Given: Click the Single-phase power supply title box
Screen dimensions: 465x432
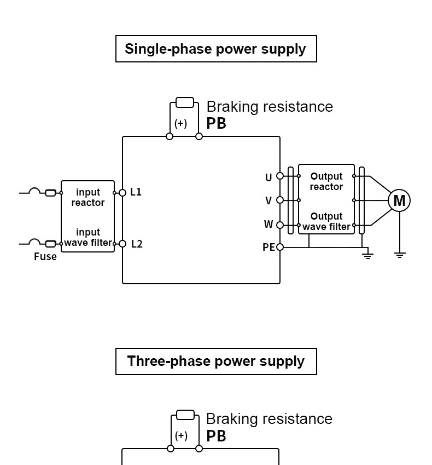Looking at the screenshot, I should (216, 49).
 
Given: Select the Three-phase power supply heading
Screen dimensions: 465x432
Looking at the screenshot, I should (216, 361).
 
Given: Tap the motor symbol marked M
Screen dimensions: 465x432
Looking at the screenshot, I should (399, 201).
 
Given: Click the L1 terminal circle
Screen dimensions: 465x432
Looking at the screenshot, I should (122, 193).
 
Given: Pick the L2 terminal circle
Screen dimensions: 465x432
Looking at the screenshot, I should (122, 244).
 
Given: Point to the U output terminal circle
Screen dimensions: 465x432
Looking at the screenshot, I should (280, 176).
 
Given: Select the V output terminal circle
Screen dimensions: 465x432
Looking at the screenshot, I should (280, 200).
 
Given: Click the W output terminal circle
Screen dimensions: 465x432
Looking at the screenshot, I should (280, 225).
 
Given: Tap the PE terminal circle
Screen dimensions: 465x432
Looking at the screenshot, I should (280, 247).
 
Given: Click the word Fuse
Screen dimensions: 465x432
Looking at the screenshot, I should (45, 257).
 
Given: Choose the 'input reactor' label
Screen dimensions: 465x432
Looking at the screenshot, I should (88, 197).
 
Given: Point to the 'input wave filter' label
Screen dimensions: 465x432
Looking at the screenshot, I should (88, 238).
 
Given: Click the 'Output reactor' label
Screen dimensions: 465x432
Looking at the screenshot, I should (326, 181).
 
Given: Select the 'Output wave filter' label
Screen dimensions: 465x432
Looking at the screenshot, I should (326, 221).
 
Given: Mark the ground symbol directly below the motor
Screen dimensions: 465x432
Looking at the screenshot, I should (400, 255).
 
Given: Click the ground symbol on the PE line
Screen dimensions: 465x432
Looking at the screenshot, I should (368, 255).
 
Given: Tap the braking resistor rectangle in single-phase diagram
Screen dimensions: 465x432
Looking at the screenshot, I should (185, 102).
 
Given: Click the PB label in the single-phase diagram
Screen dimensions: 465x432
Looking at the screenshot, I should (216, 124).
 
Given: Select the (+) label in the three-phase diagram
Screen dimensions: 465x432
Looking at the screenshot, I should (181, 436).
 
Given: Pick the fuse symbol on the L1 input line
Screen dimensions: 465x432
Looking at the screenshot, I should (50, 193).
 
